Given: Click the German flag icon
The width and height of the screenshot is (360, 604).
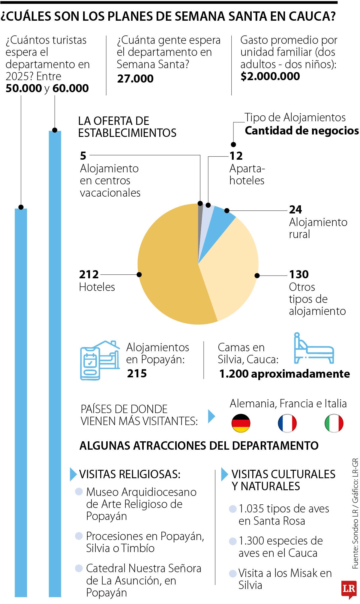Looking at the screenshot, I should pyautogui.click(x=241, y=423).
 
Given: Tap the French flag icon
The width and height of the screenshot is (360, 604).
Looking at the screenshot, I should pyautogui.click(x=287, y=423).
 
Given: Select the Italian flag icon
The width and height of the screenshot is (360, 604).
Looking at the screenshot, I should pyautogui.click(x=334, y=423).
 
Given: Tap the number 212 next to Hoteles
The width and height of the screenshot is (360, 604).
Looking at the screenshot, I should pyautogui.click(x=89, y=274).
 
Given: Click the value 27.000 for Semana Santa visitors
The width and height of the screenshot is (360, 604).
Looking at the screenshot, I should pyautogui.click(x=135, y=79).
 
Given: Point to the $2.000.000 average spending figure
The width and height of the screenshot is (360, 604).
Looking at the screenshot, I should pyautogui.click(x=270, y=76).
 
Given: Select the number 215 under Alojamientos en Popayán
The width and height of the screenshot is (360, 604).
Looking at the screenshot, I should pyautogui.click(x=137, y=373).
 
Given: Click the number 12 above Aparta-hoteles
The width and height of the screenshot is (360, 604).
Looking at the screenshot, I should pyautogui.click(x=236, y=156).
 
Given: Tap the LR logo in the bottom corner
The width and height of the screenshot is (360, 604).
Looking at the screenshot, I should pyautogui.click(x=349, y=589).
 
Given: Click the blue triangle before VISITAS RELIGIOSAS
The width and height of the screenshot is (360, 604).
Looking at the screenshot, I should pyautogui.click(x=73, y=474).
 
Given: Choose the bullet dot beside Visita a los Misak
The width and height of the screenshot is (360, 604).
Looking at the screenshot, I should pyautogui.click(x=232, y=574).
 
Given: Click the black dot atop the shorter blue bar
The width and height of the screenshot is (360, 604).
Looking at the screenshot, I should pyautogui.click(x=21, y=207).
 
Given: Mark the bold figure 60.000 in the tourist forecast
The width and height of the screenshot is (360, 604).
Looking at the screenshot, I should pyautogui.click(x=70, y=88).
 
